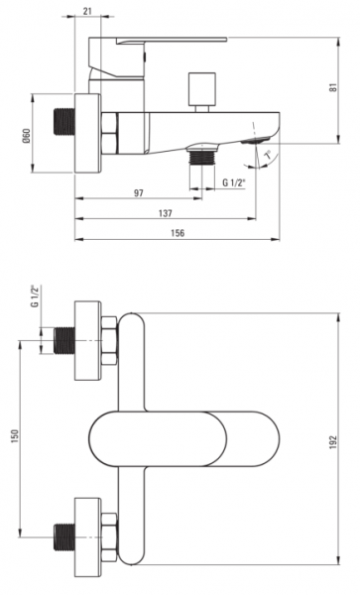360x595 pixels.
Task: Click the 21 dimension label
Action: (87, 11)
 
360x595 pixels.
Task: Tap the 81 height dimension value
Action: (333, 87)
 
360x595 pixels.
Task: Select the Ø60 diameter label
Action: (26, 136)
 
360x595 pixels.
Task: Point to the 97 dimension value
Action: (139, 193)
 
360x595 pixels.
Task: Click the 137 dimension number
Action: (165, 213)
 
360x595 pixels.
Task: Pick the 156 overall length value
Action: (178, 233)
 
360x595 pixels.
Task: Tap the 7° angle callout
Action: (269, 156)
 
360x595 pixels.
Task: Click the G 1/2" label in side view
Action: (234, 182)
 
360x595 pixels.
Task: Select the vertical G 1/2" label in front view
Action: (36, 297)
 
